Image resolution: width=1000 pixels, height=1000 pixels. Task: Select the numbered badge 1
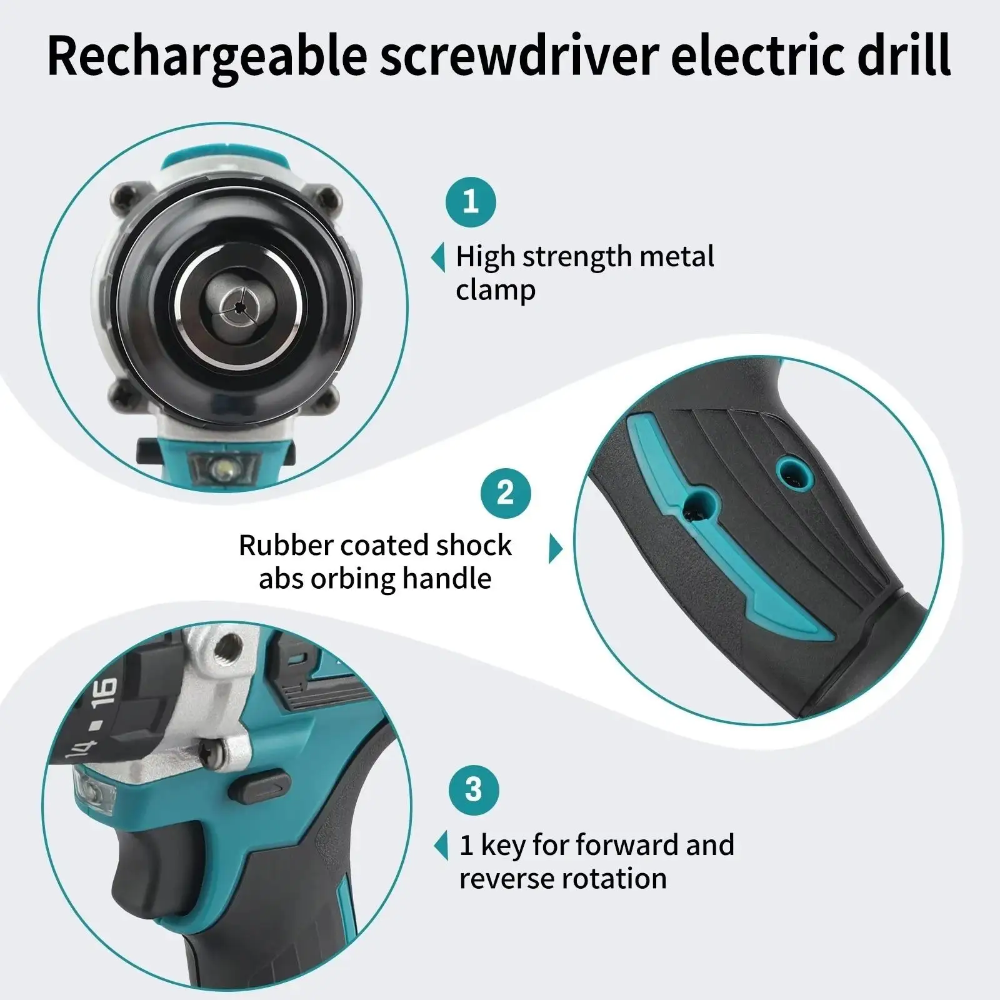click(x=471, y=202)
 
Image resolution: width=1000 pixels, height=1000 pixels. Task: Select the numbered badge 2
click(x=505, y=492)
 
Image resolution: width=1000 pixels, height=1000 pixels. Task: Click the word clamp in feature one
click(x=496, y=291)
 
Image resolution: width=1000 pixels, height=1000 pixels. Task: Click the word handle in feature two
click(x=446, y=578)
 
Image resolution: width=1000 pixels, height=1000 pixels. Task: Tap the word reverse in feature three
click(x=504, y=878)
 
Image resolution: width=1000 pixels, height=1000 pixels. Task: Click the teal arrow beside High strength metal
click(x=438, y=257)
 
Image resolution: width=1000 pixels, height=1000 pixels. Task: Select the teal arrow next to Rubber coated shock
click(x=555, y=549)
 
